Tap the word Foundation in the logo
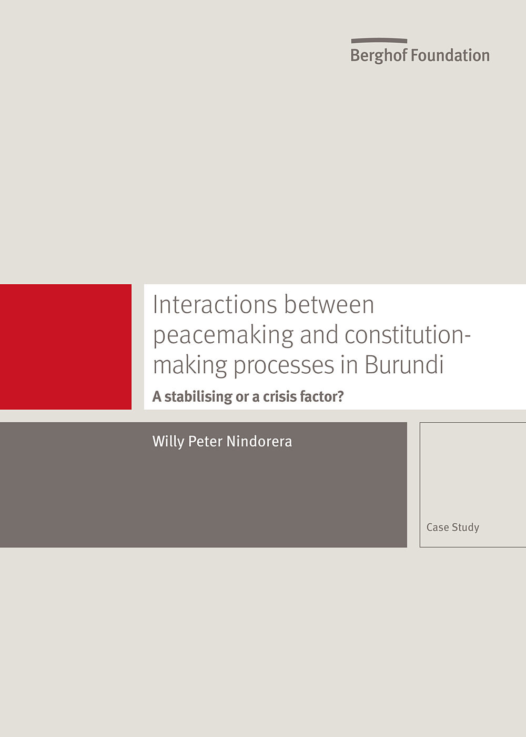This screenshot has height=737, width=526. tap(450, 55)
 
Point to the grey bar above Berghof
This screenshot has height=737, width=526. tap(379, 41)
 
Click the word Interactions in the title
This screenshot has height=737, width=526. tap(215, 304)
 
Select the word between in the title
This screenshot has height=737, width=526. tap(329, 304)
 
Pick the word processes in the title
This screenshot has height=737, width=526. tap(284, 365)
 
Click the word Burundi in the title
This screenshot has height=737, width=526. tap(404, 364)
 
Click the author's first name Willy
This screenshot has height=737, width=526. tap(168, 442)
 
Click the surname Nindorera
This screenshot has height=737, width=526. tap(259, 442)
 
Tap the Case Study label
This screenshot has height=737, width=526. tap(453, 527)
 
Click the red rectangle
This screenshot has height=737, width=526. tap(66, 347)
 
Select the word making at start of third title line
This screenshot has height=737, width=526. tap(190, 365)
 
